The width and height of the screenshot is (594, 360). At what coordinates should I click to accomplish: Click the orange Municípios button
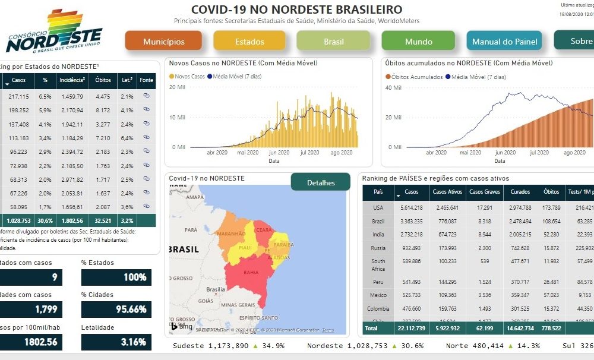163,42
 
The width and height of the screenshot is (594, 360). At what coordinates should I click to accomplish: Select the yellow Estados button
249,42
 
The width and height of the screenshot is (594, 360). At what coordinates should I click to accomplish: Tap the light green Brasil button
334,42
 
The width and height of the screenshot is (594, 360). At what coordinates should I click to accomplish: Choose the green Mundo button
419,42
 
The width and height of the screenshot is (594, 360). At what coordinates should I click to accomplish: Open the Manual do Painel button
504,42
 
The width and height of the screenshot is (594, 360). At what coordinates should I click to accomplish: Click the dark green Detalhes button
321,182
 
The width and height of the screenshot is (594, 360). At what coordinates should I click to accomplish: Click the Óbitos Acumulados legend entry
416,77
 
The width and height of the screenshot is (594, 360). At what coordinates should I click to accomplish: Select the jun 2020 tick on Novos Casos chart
279,153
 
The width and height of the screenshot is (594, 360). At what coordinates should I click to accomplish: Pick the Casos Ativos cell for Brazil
447,221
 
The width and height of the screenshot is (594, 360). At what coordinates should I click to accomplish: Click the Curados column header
520,192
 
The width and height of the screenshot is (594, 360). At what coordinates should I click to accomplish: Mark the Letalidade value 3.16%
116,342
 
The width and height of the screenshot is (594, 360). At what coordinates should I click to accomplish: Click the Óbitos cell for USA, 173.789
551,207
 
